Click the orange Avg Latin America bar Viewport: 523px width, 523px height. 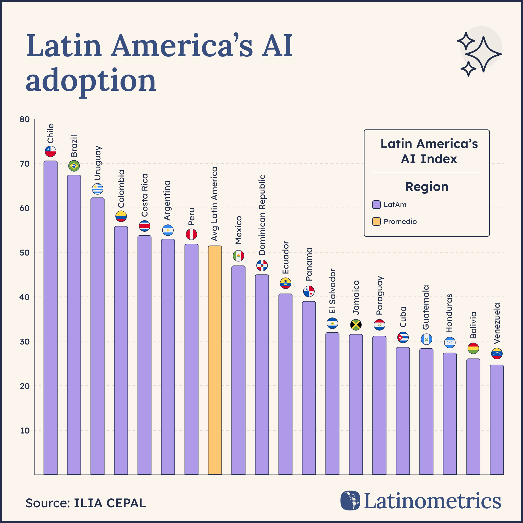tap(215, 360)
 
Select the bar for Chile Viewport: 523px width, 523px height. tap(50, 317)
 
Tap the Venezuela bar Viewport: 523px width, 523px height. tap(497, 420)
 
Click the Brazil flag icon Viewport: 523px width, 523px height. tap(74, 166)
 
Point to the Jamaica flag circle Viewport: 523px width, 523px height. tap(356, 325)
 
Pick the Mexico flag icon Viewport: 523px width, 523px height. tap(238, 255)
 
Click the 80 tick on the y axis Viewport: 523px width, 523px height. tap(25, 120)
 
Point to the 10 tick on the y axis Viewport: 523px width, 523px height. tap(25, 430)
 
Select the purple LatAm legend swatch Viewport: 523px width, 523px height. tap(376, 205)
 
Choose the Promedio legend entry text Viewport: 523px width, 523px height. tap(400, 222)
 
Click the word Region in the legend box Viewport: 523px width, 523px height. tap(427, 187)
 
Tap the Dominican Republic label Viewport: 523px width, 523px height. tap(262, 215)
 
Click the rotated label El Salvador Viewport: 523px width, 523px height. tap(332, 291)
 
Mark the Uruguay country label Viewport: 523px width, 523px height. tap(98, 163)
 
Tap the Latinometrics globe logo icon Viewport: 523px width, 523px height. tap(350, 500)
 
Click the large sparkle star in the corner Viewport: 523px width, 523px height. tap(484, 54)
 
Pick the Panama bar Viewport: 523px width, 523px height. tap(309, 387)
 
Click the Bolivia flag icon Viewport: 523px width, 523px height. tap(473, 348)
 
